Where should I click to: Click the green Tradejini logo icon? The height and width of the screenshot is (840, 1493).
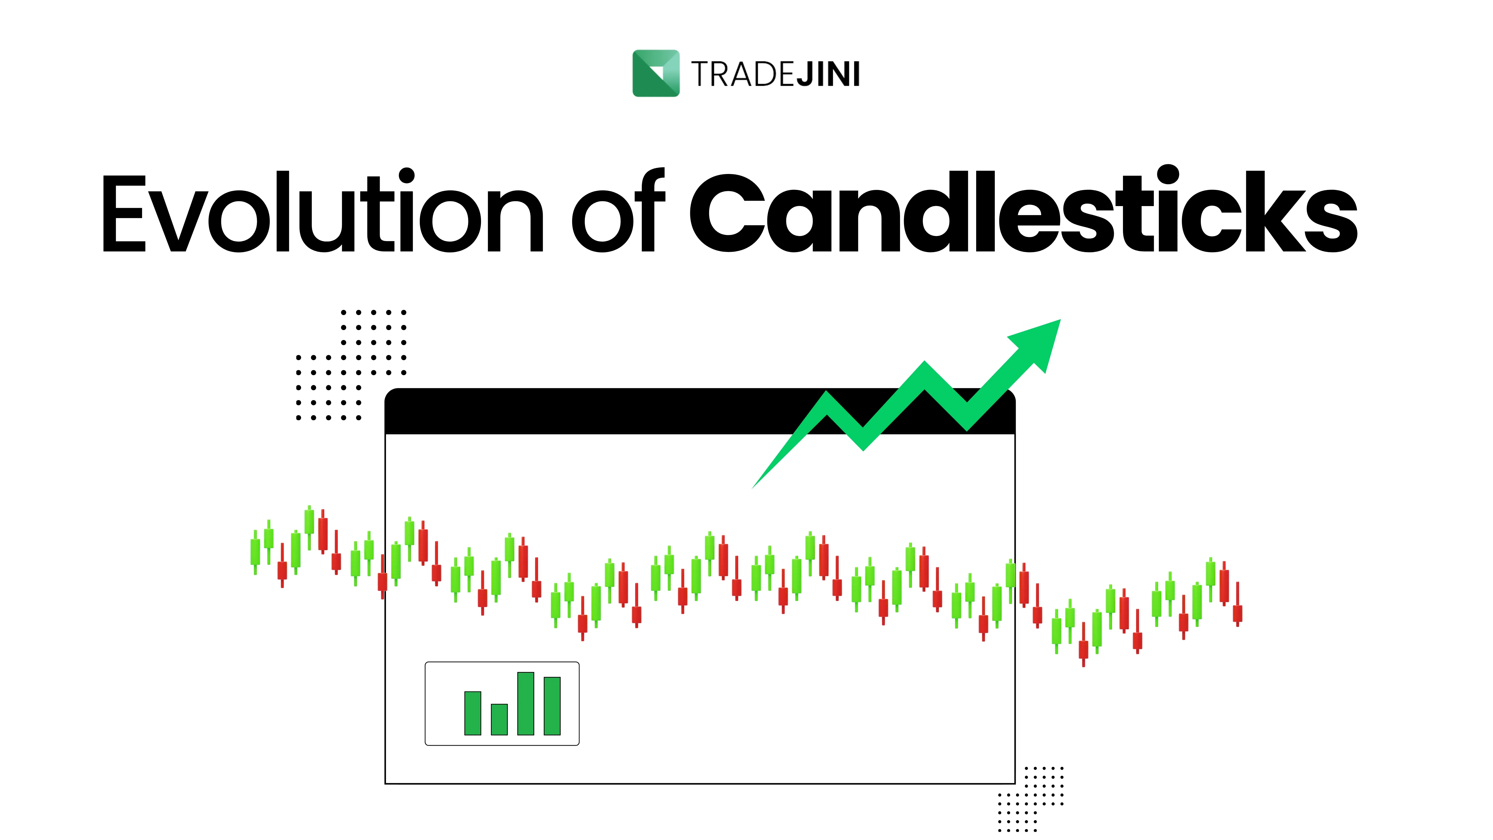click(x=655, y=73)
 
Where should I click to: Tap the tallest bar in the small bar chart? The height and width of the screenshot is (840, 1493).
click(x=525, y=703)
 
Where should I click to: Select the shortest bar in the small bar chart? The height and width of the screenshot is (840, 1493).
click(x=499, y=720)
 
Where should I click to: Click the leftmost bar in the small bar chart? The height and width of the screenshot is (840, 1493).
click(x=472, y=713)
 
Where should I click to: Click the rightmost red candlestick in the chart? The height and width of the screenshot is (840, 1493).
click(x=1237, y=612)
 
